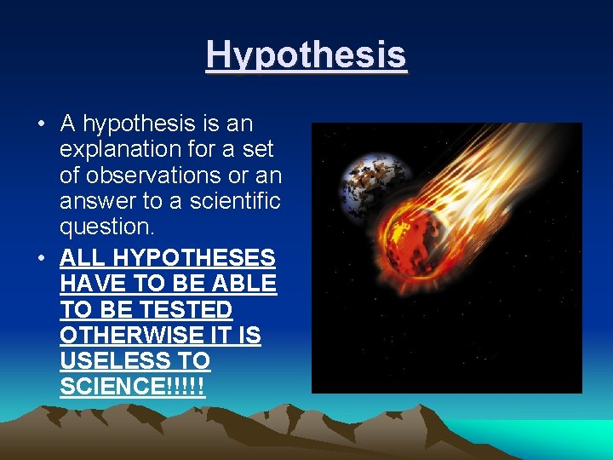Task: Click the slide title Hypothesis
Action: tap(306, 55)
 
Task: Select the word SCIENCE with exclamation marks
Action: tap(132, 387)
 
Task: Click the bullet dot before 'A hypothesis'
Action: tap(41, 125)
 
